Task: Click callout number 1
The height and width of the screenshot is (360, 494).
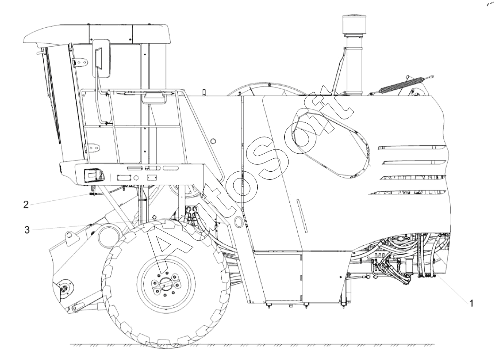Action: coord(471,303)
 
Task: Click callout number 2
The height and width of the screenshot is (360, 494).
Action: coord(26,205)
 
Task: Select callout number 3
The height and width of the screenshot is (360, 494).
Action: coord(27,230)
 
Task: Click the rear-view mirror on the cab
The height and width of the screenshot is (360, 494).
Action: coord(101,58)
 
